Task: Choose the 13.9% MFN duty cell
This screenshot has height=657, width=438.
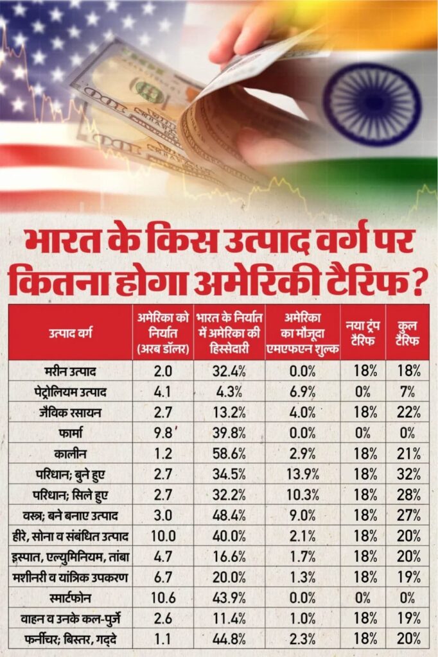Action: pos(302,474)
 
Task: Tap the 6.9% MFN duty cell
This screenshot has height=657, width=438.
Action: pos(302,391)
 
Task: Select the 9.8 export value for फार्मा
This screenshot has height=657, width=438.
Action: pos(164,432)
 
